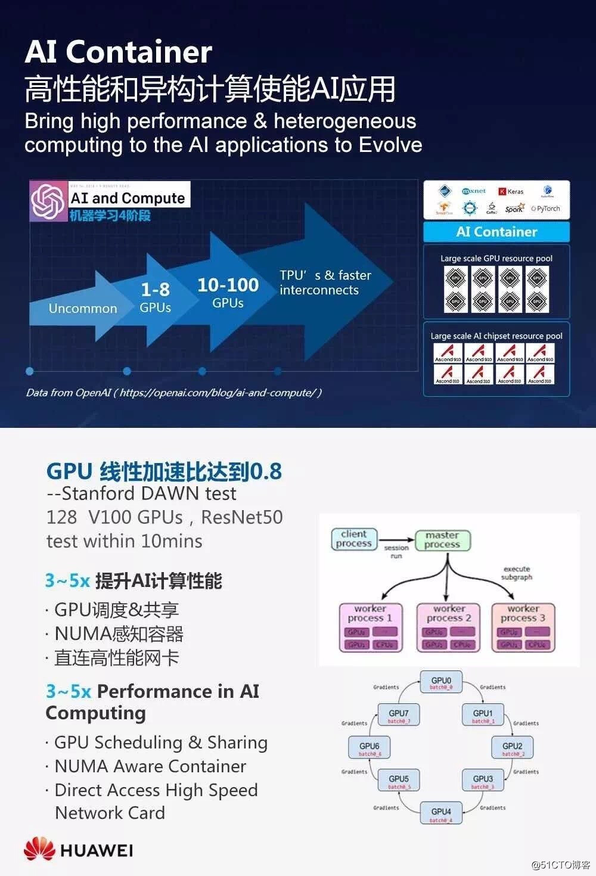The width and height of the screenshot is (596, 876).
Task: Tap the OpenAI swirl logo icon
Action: click(49, 201)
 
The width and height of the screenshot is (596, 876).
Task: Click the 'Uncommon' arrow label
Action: click(83, 308)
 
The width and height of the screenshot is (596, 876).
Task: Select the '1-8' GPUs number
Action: click(156, 290)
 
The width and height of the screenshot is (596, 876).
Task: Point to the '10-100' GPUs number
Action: click(228, 285)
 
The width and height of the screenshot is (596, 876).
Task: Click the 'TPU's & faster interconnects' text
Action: click(325, 282)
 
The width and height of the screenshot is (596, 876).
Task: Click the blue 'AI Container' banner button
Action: click(496, 232)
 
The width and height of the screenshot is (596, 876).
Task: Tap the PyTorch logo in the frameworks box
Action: click(546, 209)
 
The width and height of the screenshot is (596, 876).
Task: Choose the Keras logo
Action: click(511, 191)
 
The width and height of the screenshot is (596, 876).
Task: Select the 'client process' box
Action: click(354, 539)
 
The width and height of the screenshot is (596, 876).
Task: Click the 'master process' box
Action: click(442, 539)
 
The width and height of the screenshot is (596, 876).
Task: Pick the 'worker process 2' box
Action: click(449, 627)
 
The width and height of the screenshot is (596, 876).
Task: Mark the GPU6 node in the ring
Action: click(370, 748)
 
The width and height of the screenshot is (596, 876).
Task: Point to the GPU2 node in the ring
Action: click(512, 748)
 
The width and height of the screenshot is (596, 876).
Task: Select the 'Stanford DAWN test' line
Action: click(142, 493)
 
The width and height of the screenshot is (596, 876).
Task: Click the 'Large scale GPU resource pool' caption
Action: click(496, 259)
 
